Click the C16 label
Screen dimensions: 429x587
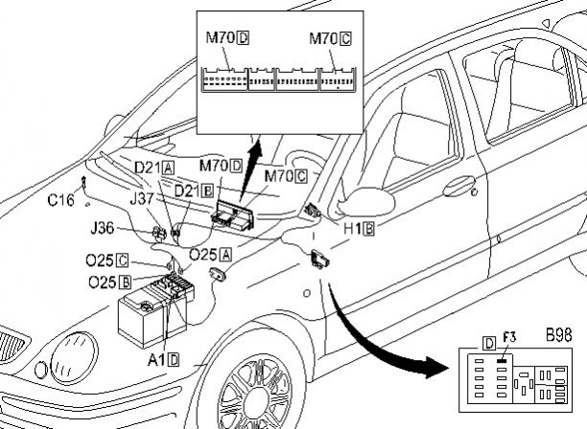tap(61, 201)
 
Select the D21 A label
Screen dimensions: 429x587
tap(153, 168)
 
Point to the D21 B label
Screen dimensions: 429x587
tap(193, 191)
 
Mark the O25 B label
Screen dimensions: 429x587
tap(107, 282)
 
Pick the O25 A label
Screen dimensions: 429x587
tap(210, 254)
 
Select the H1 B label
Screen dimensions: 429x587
tap(360, 229)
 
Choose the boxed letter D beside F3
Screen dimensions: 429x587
tap(489, 342)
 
